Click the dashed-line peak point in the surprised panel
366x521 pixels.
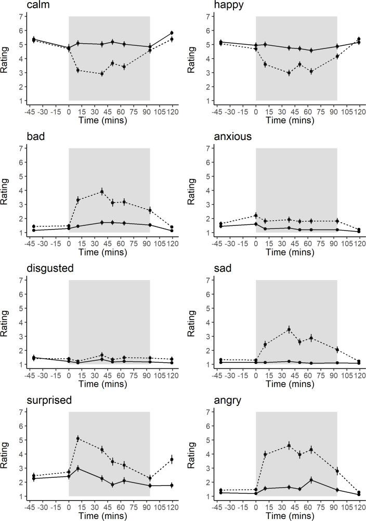78,438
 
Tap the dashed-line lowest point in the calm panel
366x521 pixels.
102,73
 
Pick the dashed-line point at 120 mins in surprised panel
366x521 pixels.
172,460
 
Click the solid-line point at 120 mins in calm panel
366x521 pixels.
172,33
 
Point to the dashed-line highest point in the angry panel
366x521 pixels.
289,446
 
